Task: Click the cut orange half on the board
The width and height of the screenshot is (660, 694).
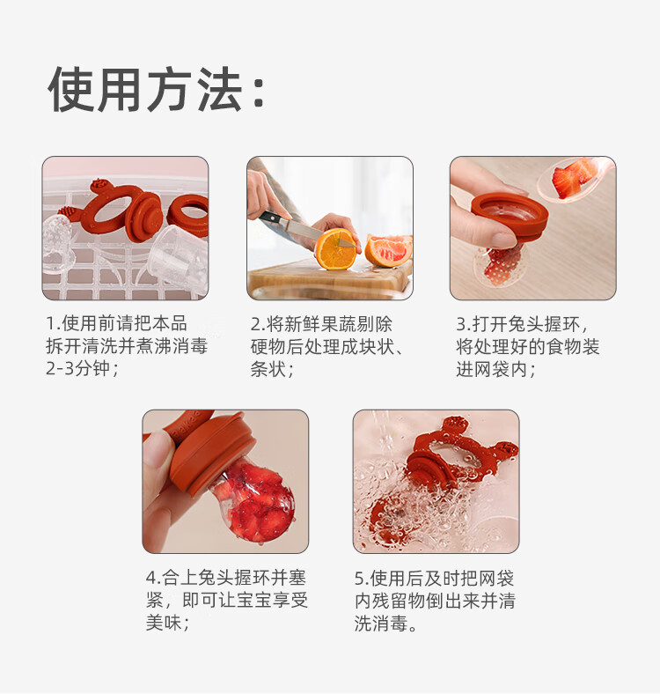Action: coord(335,249)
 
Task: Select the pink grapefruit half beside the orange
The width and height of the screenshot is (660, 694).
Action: coord(387,250)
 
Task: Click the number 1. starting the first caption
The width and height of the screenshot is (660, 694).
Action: coord(52,323)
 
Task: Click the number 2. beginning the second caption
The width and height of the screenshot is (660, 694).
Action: coord(257,323)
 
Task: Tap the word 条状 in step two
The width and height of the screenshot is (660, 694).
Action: coord(268,369)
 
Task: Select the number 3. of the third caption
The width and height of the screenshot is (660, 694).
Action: coord(462,323)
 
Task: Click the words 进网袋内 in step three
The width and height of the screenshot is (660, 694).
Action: coord(491,369)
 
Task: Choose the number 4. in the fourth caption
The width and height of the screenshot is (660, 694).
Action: coord(152,579)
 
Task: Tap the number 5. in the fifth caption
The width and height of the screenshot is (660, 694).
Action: coord(361,579)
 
